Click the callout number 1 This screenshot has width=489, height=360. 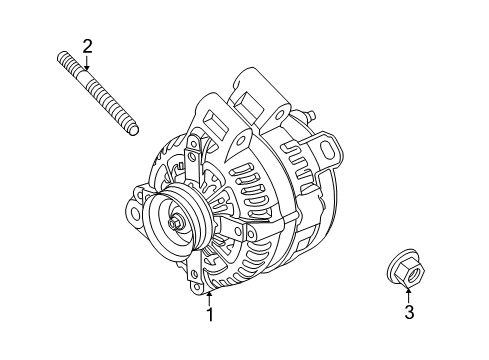coord(209,316)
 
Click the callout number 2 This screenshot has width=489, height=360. coord(87,45)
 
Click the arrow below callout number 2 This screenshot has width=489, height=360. coord(87,62)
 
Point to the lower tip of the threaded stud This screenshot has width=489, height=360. coord(133,129)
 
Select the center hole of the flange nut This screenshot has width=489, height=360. coord(404,270)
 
